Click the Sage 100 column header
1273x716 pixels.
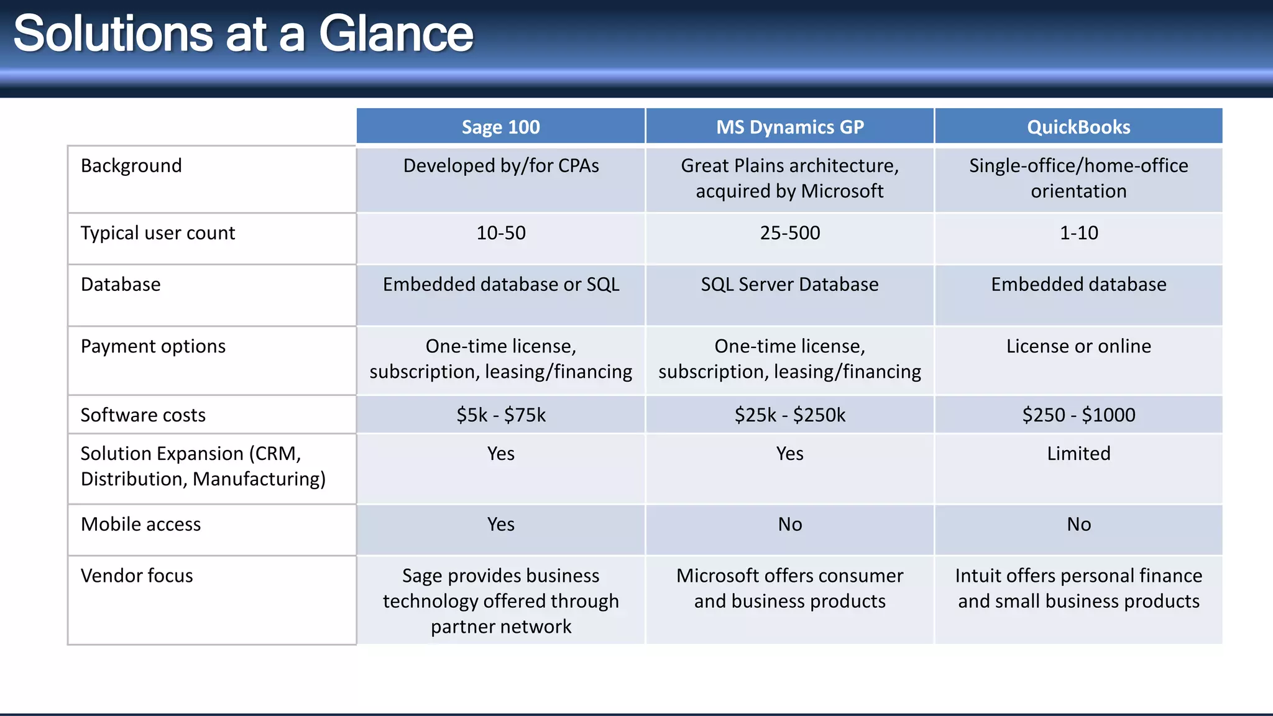tap(500, 127)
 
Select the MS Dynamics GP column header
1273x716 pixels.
tap(789, 127)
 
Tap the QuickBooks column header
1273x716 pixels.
tap(1078, 127)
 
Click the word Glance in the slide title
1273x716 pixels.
tap(396, 34)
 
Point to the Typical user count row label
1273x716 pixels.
tap(158, 233)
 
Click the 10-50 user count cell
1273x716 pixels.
tap(500, 233)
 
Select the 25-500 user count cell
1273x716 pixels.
tap(789, 233)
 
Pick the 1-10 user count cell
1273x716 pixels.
tap(1078, 233)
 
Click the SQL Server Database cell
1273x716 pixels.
tap(789, 285)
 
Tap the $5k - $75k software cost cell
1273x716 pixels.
tap(500, 415)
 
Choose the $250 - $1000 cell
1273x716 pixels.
tap(1078, 415)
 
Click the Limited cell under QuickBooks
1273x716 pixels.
tap(1078, 454)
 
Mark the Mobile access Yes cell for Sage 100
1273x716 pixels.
tap(500, 525)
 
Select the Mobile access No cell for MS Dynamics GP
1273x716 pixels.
tap(789, 525)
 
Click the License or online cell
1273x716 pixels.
tap(1078, 346)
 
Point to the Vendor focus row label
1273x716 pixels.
tap(137, 576)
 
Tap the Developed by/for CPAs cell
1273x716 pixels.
tap(500, 166)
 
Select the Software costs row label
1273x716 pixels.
tap(143, 415)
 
